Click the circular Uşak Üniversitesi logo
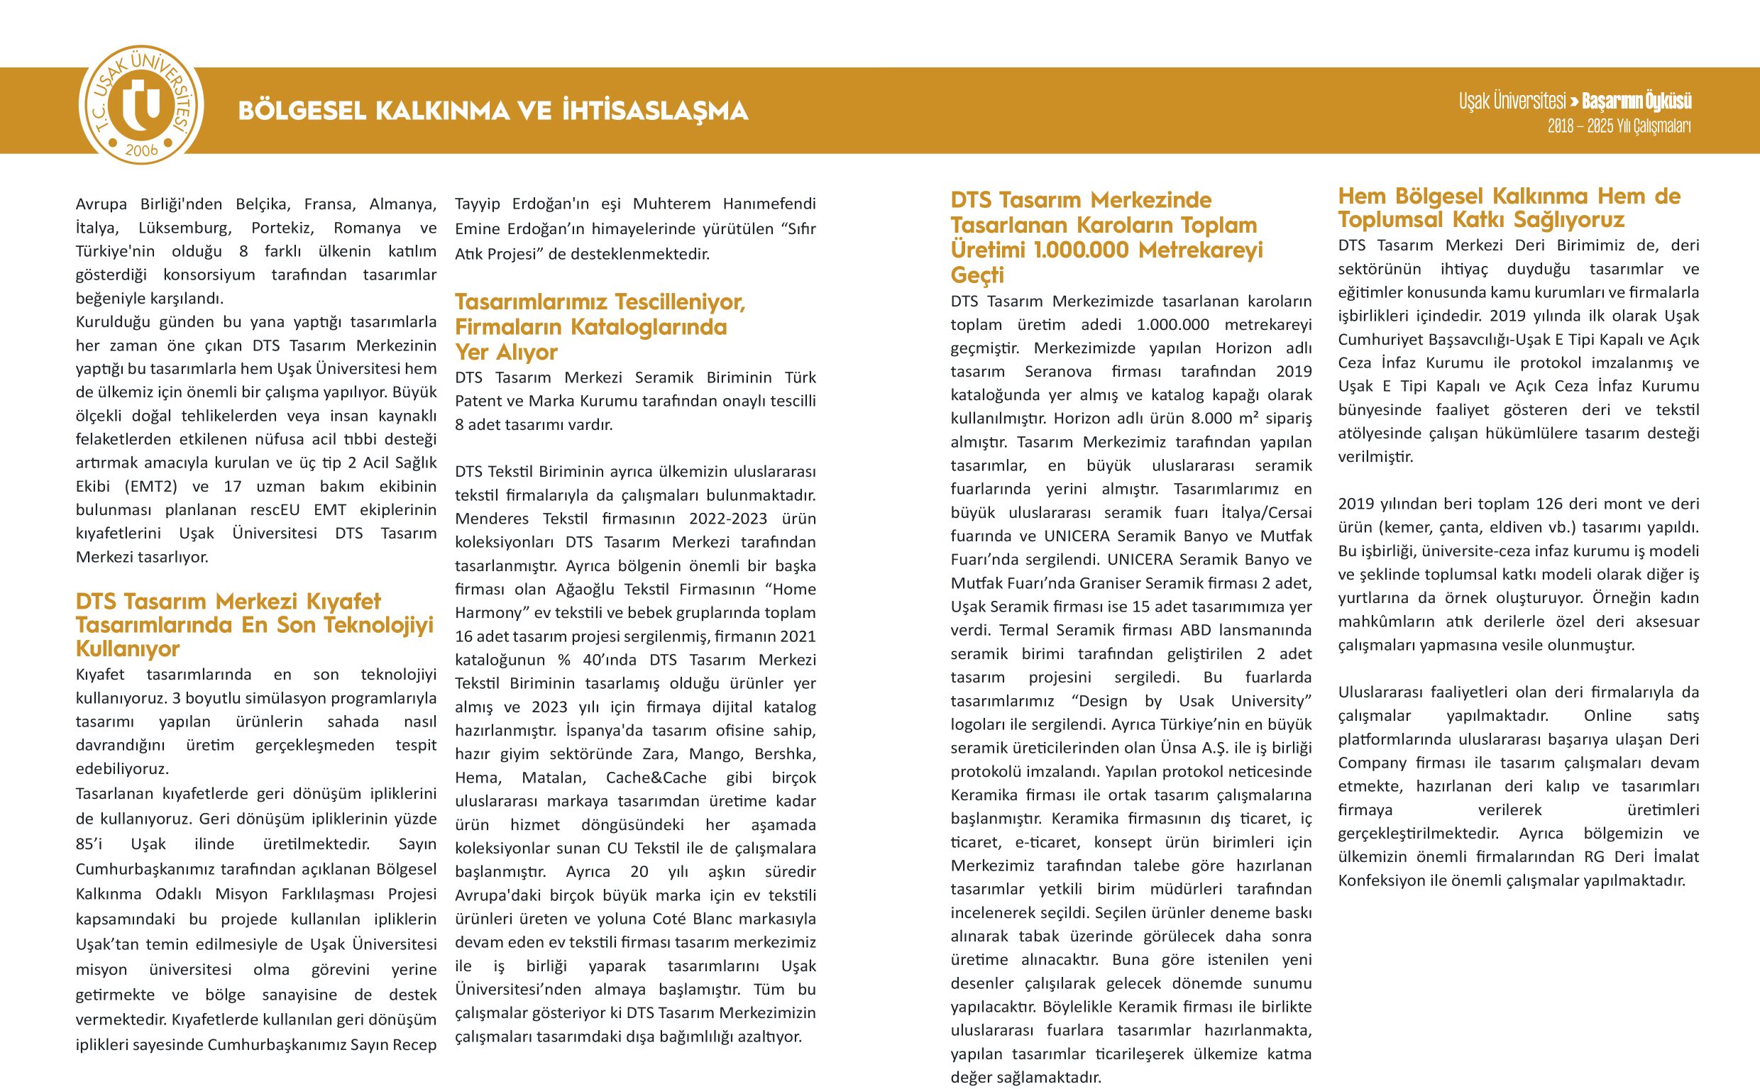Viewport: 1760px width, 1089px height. pyautogui.click(x=141, y=105)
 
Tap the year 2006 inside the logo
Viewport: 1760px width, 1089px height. pyautogui.click(x=141, y=150)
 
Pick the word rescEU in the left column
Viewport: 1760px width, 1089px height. pyautogui.click(x=275, y=510)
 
